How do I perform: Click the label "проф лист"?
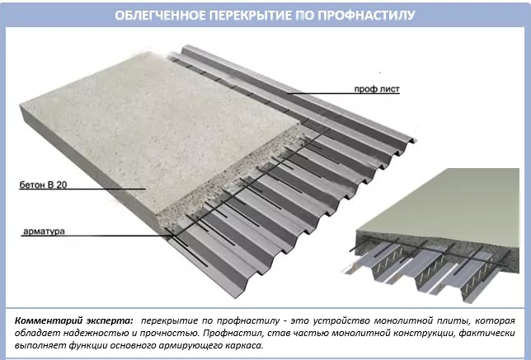[x=377, y=89]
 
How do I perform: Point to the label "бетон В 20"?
[x=43, y=185]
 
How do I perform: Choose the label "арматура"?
[x=44, y=231]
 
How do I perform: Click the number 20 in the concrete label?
[x=62, y=185]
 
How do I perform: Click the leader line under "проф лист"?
[x=343, y=93]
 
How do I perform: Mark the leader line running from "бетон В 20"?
[x=82, y=189]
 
